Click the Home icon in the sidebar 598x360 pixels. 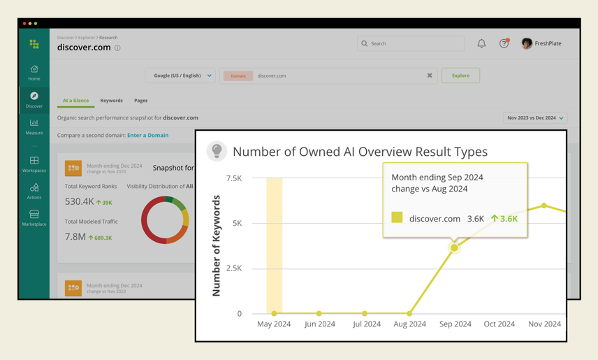coord(34,69)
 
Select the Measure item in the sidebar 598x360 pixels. coord(34,123)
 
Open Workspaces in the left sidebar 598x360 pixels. coord(34,161)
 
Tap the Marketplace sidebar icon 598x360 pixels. coord(34,215)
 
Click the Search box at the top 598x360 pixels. coord(411,43)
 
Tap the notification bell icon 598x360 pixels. coord(481,43)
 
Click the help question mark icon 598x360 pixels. coord(504,43)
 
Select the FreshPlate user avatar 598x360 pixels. coord(527,43)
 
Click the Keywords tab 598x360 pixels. coord(111,101)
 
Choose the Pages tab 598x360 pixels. coord(140,101)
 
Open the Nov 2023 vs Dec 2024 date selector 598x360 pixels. coord(535,118)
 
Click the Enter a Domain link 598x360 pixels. coord(147,135)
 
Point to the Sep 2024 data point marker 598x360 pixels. coord(455,247)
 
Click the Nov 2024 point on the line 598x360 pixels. coord(544,206)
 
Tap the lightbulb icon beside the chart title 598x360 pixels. coord(217,151)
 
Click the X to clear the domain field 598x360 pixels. coord(430,75)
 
